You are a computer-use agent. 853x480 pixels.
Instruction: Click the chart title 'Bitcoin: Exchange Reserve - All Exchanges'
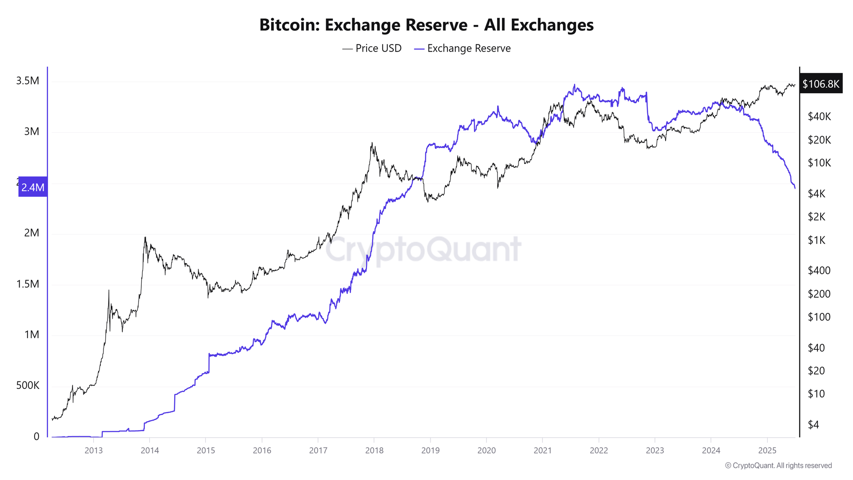[x=426, y=25]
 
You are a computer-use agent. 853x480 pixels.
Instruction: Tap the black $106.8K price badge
[x=821, y=84]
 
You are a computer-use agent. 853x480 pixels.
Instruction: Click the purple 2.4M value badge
[x=33, y=188]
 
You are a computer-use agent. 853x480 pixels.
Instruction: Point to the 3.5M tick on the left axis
[x=28, y=81]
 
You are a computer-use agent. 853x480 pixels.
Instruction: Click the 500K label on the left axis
[x=28, y=385]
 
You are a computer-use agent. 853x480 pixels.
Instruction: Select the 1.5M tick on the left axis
[x=28, y=284]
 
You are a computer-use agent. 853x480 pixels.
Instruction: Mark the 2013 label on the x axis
[x=94, y=450]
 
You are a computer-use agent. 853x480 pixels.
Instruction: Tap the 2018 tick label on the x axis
[x=374, y=450]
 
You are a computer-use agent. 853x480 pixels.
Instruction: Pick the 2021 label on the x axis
[x=542, y=450]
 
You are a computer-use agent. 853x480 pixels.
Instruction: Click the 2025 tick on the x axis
[x=767, y=450]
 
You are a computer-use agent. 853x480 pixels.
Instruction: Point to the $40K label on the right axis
[x=819, y=116]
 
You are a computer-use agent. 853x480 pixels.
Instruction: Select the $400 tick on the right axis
[x=819, y=270]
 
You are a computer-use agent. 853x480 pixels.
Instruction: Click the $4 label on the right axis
[x=813, y=424]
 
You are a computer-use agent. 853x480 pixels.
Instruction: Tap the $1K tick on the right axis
[x=817, y=240]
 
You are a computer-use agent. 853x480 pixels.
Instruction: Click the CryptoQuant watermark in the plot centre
[x=423, y=249]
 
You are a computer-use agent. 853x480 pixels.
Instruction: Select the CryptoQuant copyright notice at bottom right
[x=778, y=465]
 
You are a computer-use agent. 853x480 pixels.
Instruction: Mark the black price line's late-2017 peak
[x=372, y=143]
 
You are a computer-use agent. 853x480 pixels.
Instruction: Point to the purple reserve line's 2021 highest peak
[x=574, y=85]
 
